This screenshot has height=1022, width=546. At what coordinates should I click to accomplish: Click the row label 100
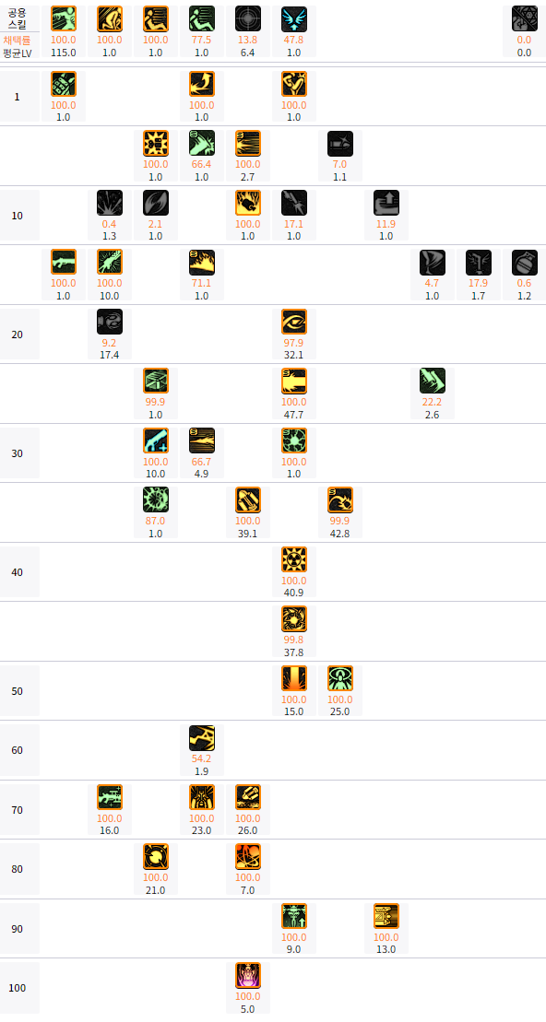pyautogui.click(x=18, y=988)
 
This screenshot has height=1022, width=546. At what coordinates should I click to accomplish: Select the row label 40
pyautogui.click(x=18, y=572)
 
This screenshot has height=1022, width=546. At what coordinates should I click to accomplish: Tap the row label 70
pyautogui.click(x=18, y=810)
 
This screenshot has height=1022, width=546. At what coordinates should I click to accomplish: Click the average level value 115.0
pyautogui.click(x=64, y=53)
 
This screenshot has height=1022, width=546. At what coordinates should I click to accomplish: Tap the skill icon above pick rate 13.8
pyautogui.click(x=248, y=19)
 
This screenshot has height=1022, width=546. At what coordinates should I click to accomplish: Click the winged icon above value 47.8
pyautogui.click(x=294, y=19)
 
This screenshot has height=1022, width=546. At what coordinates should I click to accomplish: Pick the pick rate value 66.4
pyautogui.click(x=202, y=164)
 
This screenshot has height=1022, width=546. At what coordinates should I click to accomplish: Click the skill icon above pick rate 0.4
pyautogui.click(x=110, y=203)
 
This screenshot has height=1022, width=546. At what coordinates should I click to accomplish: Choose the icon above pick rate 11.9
pyautogui.click(x=386, y=203)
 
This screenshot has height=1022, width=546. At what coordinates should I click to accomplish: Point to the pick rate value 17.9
pyautogui.click(x=479, y=284)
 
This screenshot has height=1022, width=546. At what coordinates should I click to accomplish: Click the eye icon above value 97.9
pyautogui.click(x=294, y=322)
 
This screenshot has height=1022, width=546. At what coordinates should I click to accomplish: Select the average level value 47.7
pyautogui.click(x=294, y=415)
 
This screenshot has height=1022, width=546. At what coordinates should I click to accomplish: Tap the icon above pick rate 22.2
pyautogui.click(x=433, y=381)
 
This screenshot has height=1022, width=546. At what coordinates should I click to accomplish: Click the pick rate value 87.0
pyautogui.click(x=156, y=522)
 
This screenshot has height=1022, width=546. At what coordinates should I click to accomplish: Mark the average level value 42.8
pyautogui.click(x=340, y=534)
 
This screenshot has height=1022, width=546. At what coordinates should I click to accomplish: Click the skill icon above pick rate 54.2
pyautogui.click(x=202, y=738)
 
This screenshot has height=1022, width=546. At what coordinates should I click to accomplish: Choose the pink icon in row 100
pyautogui.click(x=248, y=975)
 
